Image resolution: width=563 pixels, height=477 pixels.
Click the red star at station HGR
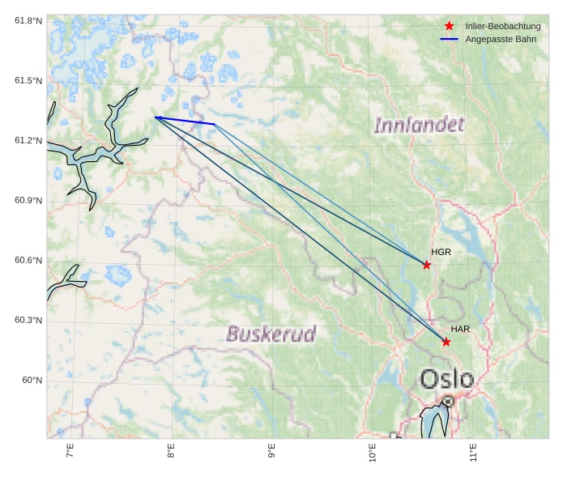pyautogui.click(x=427, y=265)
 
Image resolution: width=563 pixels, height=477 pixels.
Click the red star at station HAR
pyautogui.click(x=446, y=342)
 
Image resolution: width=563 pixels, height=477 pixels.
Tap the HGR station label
pyautogui.click(x=441, y=252)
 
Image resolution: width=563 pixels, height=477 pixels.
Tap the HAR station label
pyautogui.click(x=460, y=329)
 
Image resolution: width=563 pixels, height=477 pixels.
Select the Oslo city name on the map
pyautogui.click(x=446, y=378)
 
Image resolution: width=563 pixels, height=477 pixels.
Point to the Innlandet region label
pyautogui.click(x=419, y=125)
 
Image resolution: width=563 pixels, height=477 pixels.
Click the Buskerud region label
pyautogui.click(x=271, y=334)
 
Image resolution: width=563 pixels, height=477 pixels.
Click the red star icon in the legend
pyautogui.click(x=450, y=26)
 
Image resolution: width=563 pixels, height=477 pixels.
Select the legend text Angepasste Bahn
pyautogui.click(x=501, y=39)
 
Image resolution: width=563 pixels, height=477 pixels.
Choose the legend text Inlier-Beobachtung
pyautogui.click(x=502, y=26)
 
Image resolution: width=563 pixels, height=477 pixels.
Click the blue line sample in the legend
pyautogui.click(x=450, y=39)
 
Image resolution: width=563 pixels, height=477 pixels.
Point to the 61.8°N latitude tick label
pyautogui.click(x=28, y=20)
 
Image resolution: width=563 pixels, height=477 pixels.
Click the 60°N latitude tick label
pyautogui.click(x=32, y=380)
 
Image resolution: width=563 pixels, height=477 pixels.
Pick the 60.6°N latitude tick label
pyautogui.click(x=28, y=260)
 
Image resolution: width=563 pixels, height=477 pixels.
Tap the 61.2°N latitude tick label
pyautogui.click(x=28, y=140)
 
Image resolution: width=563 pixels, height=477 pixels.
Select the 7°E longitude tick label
pyautogui.click(x=70, y=452)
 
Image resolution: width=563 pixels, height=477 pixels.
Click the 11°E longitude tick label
pyautogui.click(x=473, y=452)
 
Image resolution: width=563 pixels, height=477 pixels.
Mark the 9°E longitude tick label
pyautogui.click(x=272, y=452)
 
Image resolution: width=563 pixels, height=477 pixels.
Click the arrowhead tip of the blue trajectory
pyautogui.click(x=156, y=117)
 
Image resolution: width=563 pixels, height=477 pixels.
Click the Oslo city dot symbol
pyautogui.click(x=448, y=401)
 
